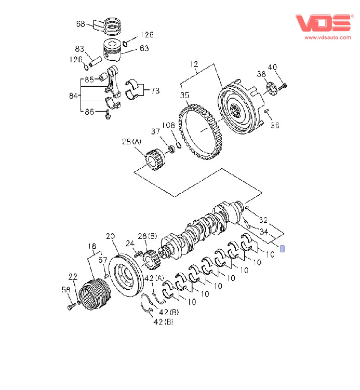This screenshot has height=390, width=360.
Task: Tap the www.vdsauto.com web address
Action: (326, 37)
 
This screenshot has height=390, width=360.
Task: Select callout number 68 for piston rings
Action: (81, 23)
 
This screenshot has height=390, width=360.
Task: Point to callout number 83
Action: (79, 49)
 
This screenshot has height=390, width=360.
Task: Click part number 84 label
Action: (73, 96)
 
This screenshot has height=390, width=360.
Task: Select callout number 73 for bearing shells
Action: (155, 90)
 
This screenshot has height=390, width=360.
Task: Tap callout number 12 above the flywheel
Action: (194, 64)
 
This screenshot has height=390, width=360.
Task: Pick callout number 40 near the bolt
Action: (272, 67)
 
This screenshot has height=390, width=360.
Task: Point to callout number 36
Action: (275, 125)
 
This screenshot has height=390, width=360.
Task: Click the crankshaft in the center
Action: (203, 228)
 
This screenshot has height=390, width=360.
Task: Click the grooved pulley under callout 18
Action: (96, 297)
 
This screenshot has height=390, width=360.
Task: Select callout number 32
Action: (262, 220)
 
